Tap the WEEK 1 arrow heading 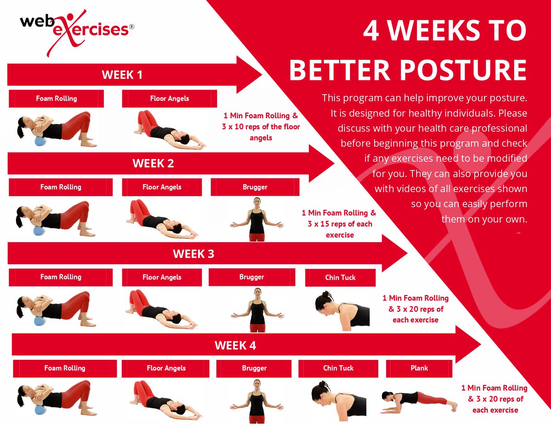pyautogui.click(x=122, y=74)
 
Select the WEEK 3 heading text pyautogui.click(x=193, y=254)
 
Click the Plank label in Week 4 pyautogui.click(x=419, y=368)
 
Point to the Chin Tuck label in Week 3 pyautogui.click(x=340, y=278)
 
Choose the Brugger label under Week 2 pyautogui.click(x=255, y=187)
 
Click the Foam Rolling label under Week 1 pyautogui.click(x=56, y=98)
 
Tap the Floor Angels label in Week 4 pyautogui.click(x=166, y=368)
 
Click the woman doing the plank pyautogui.click(x=413, y=399)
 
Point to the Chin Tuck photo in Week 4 pyautogui.click(x=337, y=398)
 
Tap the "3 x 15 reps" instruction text pyautogui.click(x=340, y=224)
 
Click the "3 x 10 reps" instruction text pyautogui.click(x=260, y=126)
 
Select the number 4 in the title pyautogui.click(x=371, y=30)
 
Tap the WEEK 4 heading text pyautogui.click(x=235, y=345)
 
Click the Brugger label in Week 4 pyautogui.click(x=254, y=368)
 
